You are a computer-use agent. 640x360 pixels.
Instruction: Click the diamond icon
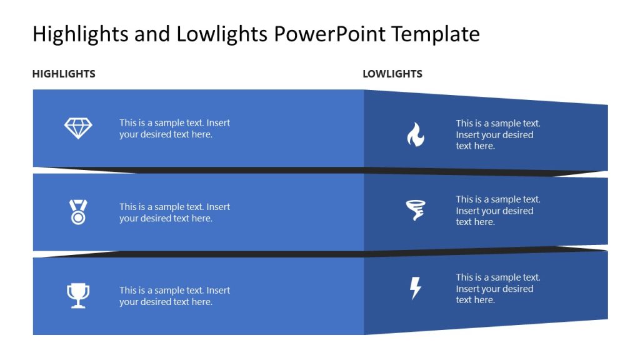78,129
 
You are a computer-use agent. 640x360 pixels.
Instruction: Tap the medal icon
78,212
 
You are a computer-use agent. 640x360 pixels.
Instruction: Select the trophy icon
78,296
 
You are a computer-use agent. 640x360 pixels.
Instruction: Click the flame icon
416,134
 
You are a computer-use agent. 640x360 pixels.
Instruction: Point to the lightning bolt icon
415,288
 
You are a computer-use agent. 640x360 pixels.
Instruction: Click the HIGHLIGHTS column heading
64,74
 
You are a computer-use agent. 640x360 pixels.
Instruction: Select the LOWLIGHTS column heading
392,74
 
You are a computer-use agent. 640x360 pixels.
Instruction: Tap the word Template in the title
436,34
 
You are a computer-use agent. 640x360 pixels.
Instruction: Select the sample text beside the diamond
174,129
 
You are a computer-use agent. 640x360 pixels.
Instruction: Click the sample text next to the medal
174,212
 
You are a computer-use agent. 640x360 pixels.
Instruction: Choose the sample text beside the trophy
174,296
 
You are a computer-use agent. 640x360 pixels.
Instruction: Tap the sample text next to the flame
497,134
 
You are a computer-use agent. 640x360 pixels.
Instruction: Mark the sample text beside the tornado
497,211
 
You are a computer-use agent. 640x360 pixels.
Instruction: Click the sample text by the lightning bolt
497,289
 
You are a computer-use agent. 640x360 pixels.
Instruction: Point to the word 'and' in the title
152,34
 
